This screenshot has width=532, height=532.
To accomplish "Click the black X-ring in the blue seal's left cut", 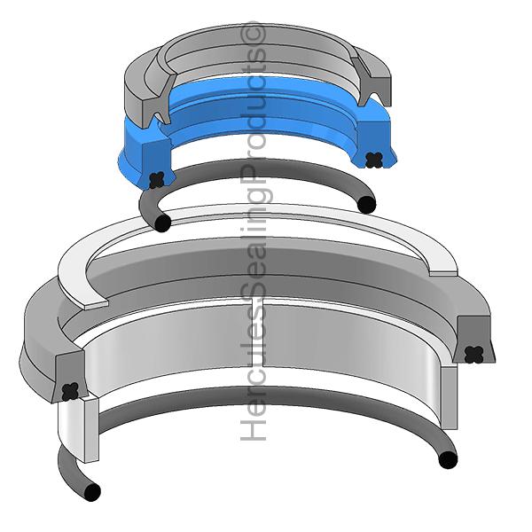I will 157,178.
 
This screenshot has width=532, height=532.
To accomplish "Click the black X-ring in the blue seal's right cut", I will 373,160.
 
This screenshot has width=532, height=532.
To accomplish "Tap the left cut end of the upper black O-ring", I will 160,223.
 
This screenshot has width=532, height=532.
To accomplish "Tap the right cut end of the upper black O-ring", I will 366,205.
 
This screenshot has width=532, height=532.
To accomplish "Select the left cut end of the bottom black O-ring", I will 90,491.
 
